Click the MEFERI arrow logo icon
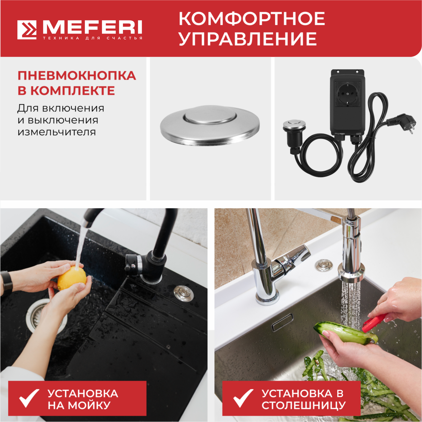tap(27, 30)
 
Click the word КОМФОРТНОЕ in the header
tap(252, 19)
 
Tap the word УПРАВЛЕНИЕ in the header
tap(247, 39)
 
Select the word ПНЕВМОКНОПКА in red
tap(77, 76)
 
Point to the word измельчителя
tap(56, 132)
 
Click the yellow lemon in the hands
tap(72, 279)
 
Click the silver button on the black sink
tap(183, 293)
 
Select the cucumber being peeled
tap(343, 334)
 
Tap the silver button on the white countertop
tap(324, 265)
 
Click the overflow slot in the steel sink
tap(282, 322)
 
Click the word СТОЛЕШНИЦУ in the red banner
tap(303, 405)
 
